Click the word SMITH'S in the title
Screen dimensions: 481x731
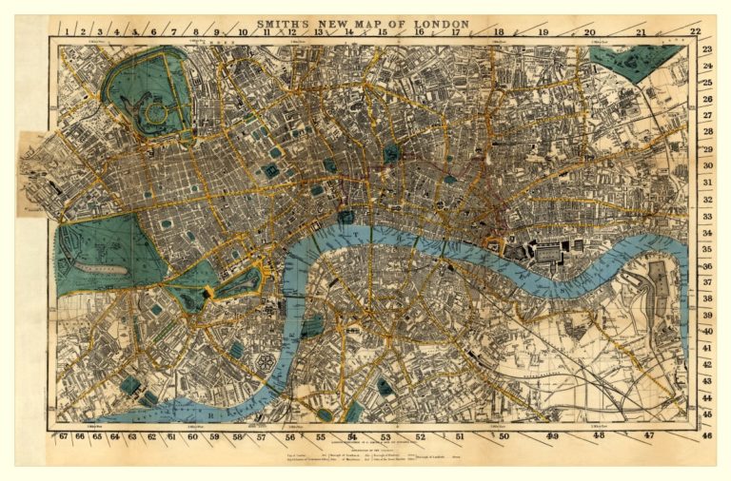pos(284,23)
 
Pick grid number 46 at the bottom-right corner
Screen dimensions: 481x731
pos(706,435)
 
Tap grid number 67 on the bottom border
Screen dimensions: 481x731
pos(63,436)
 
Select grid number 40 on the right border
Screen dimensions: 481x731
pos(707,332)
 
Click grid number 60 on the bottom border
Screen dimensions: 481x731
pos(192,436)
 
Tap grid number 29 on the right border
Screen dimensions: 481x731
pos(707,150)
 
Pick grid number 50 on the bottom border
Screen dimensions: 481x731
pos(504,436)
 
